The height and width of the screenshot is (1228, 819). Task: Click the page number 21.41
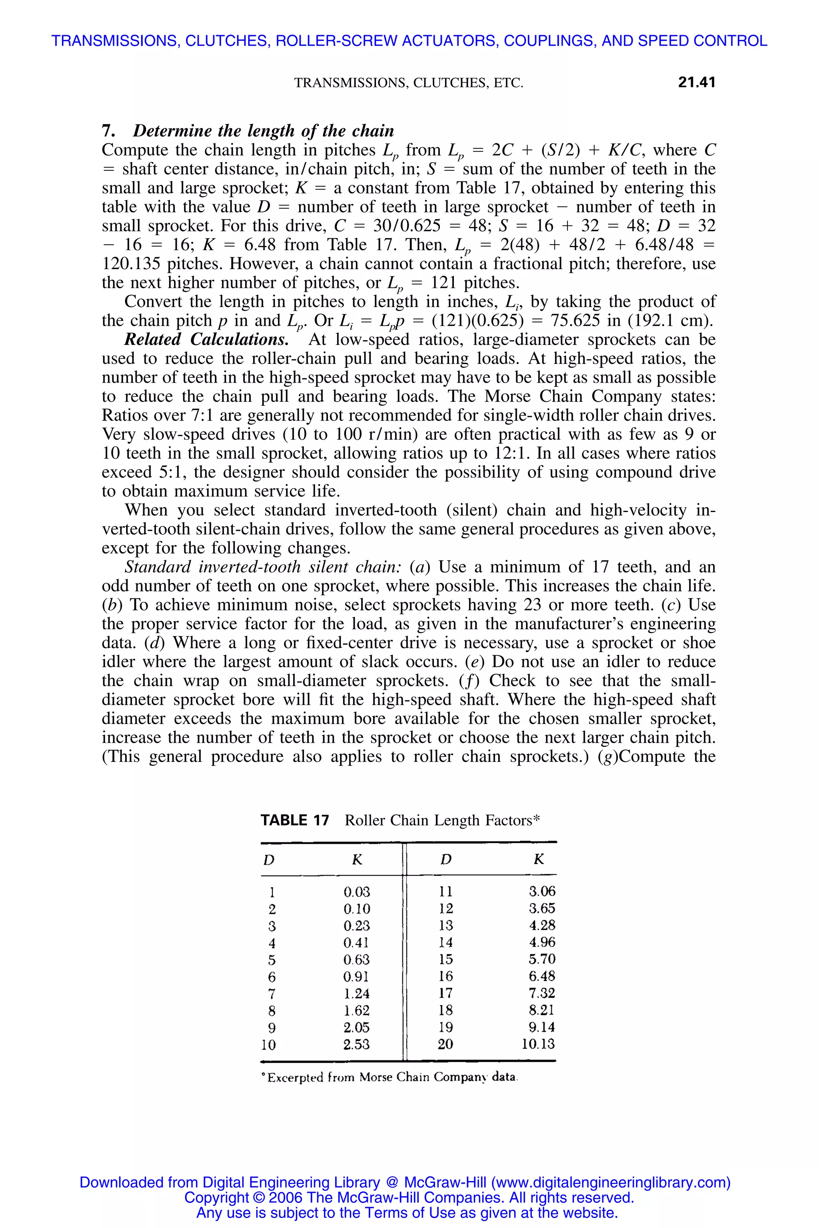point(696,82)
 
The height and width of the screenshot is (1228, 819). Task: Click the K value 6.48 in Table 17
point(541,976)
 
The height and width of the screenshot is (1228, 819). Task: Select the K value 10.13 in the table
point(537,1044)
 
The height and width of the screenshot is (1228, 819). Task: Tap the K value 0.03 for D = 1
point(357,891)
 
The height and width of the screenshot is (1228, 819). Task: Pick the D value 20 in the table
point(445,1044)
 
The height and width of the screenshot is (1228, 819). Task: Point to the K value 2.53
point(357,1044)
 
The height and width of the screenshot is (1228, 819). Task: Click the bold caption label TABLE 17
point(295,820)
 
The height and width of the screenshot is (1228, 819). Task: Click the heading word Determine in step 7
point(170,131)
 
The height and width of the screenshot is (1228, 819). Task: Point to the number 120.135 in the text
point(132,264)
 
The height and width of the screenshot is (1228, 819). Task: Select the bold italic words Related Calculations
point(206,339)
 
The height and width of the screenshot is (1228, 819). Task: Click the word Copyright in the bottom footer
point(217,1197)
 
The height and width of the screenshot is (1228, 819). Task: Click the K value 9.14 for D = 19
point(541,1027)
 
